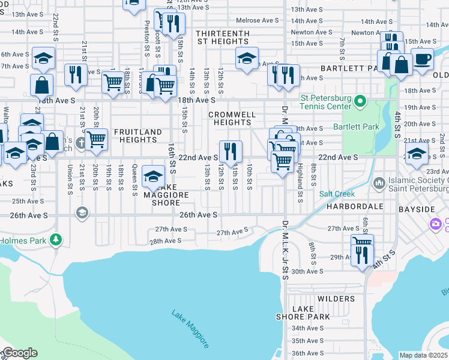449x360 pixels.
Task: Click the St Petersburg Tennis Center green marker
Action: coord(360,101)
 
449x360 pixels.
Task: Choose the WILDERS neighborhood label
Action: coord(336,299)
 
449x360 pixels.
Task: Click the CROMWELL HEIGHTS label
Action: coord(232,118)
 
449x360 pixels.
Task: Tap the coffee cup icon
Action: coord(422,59)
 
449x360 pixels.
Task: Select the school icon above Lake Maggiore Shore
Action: coord(154,176)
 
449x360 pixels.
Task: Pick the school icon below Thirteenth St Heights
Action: coord(246,58)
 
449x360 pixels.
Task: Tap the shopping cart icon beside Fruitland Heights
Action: coord(96,139)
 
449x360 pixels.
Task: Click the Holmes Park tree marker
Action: coord(56,241)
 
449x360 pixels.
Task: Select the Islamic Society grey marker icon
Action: coord(379,182)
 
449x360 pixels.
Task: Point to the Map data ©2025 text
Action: coord(423,355)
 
